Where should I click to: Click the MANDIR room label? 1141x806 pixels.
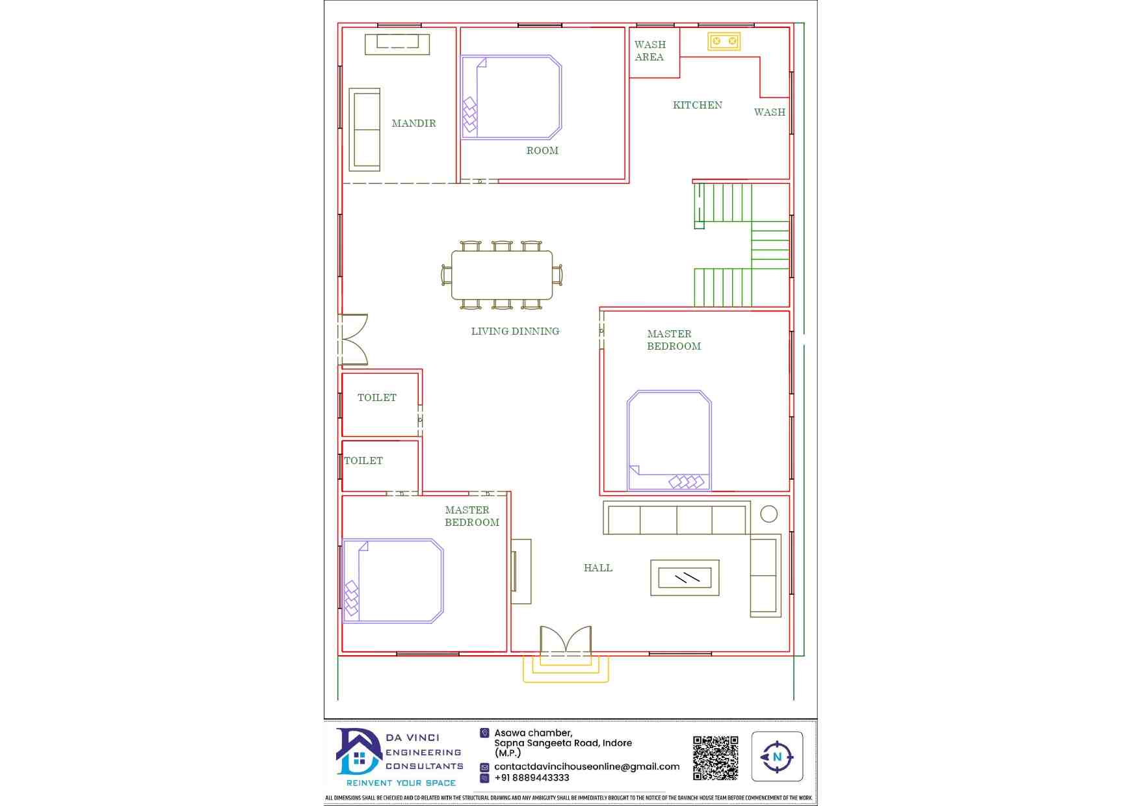tap(413, 123)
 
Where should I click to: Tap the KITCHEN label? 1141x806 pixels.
tap(698, 105)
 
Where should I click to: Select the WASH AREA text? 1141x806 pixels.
tap(649, 51)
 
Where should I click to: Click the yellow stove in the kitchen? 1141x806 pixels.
tap(724, 41)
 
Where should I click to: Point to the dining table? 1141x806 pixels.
tap(502, 275)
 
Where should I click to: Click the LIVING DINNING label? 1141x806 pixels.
tap(515, 331)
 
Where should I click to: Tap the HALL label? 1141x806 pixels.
tap(598, 568)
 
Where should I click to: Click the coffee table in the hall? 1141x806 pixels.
tap(685, 577)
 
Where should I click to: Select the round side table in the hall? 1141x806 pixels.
tap(768, 514)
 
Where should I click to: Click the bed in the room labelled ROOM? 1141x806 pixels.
tap(511, 97)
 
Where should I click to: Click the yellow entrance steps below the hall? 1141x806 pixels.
tap(566, 669)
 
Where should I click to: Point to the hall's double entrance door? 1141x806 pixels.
tap(566, 640)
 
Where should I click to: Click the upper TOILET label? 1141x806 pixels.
tap(377, 398)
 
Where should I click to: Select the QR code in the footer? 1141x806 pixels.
tap(715, 758)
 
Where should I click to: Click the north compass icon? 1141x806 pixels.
tap(777, 757)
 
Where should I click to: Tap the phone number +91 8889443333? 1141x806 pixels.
tap(532, 778)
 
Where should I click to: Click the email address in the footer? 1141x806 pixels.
tap(586, 767)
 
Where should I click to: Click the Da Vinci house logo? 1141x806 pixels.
tap(358, 752)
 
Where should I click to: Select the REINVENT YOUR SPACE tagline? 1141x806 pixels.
tap(401, 783)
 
